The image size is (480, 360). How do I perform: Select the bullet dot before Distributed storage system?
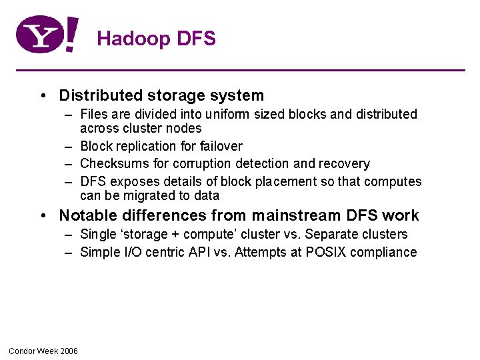tap(42, 96)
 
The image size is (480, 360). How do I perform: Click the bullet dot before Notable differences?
tap(42, 215)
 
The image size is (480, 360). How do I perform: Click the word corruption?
tap(205, 163)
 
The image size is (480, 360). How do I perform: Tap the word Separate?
tap(329, 234)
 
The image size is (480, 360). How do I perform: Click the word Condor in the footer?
tap(22, 351)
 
